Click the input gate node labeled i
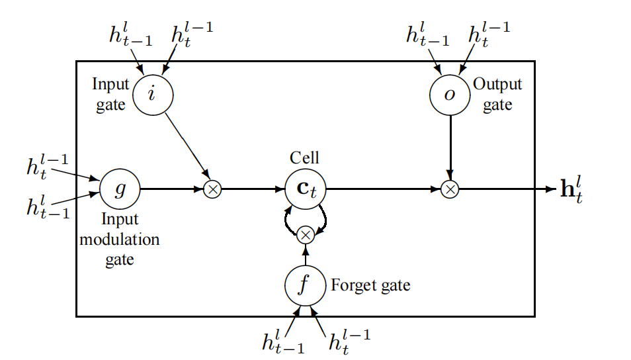point(152,94)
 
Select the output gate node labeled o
point(450,94)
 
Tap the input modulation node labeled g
point(120,189)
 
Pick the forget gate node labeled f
point(304,285)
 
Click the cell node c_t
point(304,189)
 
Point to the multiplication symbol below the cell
point(305,234)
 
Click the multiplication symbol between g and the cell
point(212,189)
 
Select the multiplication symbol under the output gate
point(450,189)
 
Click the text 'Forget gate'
point(370,286)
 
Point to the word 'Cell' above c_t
point(304,157)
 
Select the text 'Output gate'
point(497,95)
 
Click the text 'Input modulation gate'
point(120,238)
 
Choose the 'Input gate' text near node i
point(110,95)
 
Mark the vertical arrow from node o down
point(450,146)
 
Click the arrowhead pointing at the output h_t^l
point(550,189)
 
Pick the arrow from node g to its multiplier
point(172,189)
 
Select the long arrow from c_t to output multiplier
point(384,189)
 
